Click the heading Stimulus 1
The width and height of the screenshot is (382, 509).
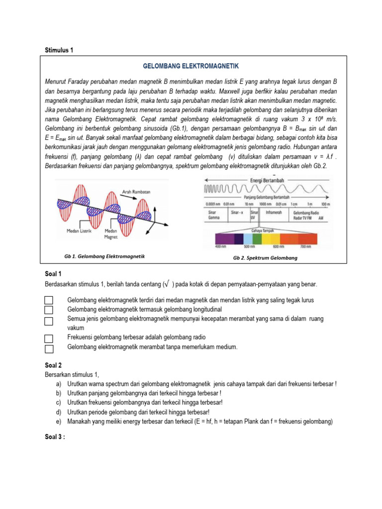pyautogui.click(x=59, y=50)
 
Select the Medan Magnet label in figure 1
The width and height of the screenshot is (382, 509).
pyautogui.click(x=111, y=234)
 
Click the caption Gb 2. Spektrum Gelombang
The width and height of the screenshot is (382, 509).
pyautogui.click(x=265, y=258)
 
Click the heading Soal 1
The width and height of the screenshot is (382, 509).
pyautogui.click(x=53, y=274)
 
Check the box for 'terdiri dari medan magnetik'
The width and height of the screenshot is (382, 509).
pyautogui.click(x=49, y=300)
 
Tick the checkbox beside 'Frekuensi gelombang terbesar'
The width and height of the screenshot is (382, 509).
pyautogui.click(x=49, y=338)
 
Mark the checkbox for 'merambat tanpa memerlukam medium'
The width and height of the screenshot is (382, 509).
pyautogui.click(x=49, y=348)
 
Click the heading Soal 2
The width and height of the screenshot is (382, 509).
pyautogui.click(x=53, y=365)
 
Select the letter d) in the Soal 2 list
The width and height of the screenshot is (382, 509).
pyautogui.click(x=59, y=412)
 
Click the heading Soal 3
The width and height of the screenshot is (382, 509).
pyautogui.click(x=54, y=437)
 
